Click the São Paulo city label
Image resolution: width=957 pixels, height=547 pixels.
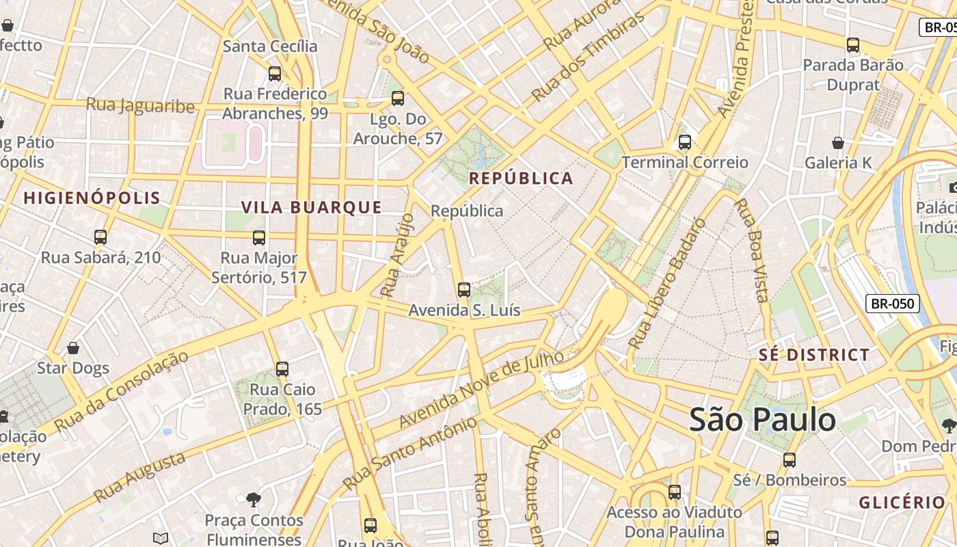point(762,418)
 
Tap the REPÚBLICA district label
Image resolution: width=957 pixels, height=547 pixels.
point(521,178)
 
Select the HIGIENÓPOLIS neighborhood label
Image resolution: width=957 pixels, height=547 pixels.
point(92,198)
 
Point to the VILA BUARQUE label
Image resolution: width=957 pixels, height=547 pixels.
point(312,207)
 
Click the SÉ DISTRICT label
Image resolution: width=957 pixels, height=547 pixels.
point(814,355)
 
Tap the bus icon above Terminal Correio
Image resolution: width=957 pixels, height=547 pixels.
point(684,142)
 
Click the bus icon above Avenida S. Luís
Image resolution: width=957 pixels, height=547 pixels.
point(464,290)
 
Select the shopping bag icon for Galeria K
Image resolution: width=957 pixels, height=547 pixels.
point(838,143)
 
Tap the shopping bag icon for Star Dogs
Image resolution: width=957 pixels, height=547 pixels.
point(73,348)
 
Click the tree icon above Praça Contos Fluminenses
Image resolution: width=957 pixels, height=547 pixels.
point(254,500)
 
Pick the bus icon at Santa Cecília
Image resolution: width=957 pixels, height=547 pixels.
point(275,73)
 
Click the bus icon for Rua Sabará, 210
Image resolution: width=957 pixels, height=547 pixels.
point(100,237)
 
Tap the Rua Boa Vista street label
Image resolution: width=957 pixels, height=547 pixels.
point(751,250)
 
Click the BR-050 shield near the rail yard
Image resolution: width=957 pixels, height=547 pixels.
point(892,304)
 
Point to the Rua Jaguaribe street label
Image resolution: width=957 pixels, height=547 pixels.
point(140,105)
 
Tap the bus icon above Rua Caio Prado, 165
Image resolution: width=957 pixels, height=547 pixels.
point(282,369)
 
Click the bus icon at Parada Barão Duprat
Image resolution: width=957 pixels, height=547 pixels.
point(853,45)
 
